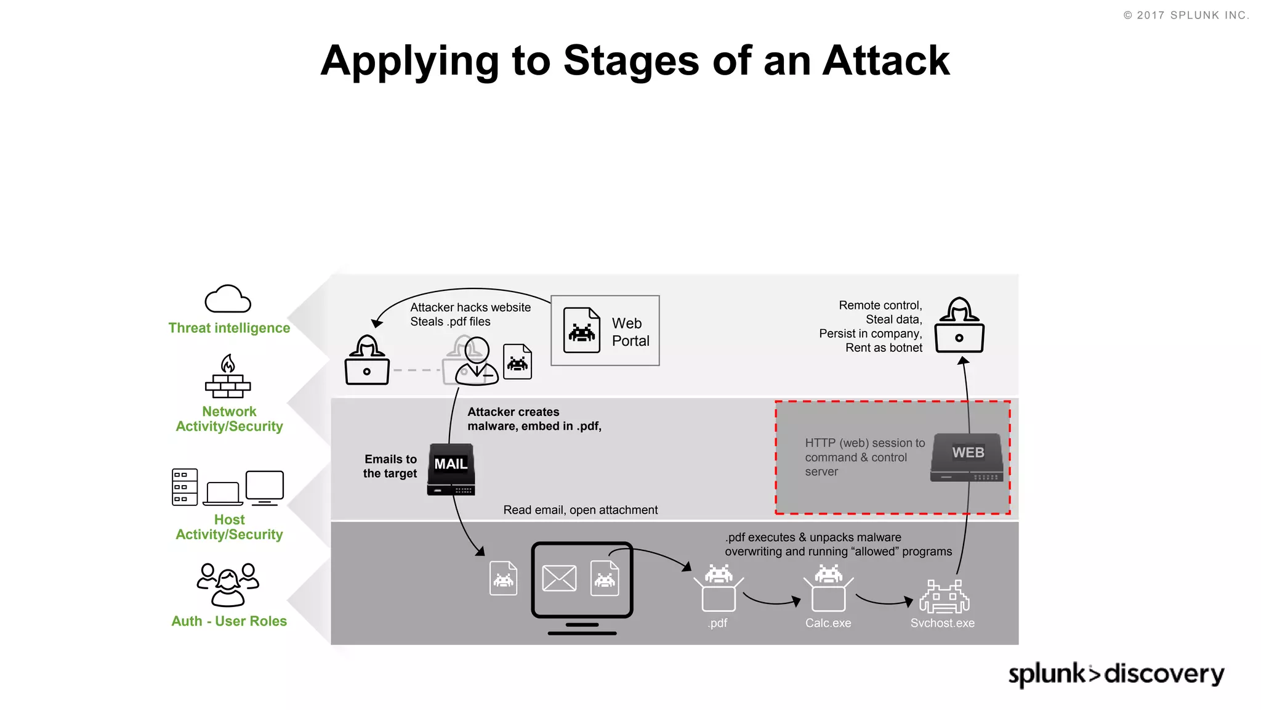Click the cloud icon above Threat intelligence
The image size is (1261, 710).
pos(228,300)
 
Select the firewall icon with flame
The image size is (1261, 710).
pos(228,377)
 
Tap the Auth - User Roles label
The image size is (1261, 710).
pos(229,621)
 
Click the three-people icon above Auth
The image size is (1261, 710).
pos(228,584)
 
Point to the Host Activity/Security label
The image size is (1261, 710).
pos(229,527)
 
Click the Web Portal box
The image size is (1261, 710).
pos(605,330)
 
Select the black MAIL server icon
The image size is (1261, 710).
pos(451,470)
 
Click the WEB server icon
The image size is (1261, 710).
pos(967,457)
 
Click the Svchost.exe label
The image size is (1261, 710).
pos(942,623)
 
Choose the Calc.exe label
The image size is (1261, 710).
pos(828,623)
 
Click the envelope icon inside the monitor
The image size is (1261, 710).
pos(559,578)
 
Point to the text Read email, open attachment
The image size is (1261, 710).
pos(580,510)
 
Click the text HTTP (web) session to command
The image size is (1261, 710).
pos(864,450)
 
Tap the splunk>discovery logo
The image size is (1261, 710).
pos(1116,674)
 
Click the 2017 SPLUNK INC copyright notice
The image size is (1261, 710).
pos(1186,15)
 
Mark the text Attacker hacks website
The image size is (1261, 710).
pos(470,308)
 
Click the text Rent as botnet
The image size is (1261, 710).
pos(884,348)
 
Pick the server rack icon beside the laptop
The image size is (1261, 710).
pos(185,487)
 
